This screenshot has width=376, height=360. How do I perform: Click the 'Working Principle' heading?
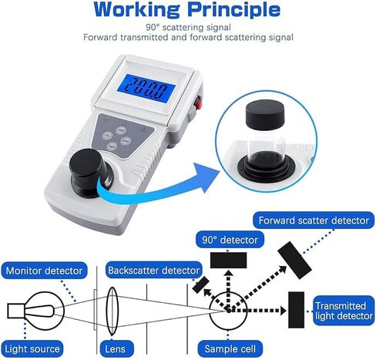click(x=187, y=10)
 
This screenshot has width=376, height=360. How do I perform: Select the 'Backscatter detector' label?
click(x=153, y=271)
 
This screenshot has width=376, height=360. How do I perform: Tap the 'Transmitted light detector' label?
click(x=344, y=311)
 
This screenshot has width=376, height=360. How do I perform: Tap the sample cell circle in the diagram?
click(x=229, y=310)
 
